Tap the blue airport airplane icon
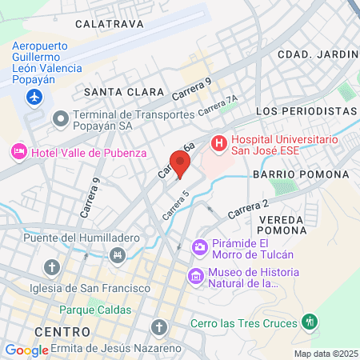click(34, 97)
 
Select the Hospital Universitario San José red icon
click(218, 143)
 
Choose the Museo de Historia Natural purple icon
click(194, 277)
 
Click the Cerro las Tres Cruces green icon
click(310, 323)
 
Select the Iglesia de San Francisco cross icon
click(53, 266)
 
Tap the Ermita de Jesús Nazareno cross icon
click(159, 327)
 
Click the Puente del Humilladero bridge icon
click(118, 254)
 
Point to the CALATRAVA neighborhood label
click(110, 24)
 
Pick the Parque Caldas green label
click(93, 309)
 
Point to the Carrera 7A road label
click(218, 106)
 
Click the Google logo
click(26, 350)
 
